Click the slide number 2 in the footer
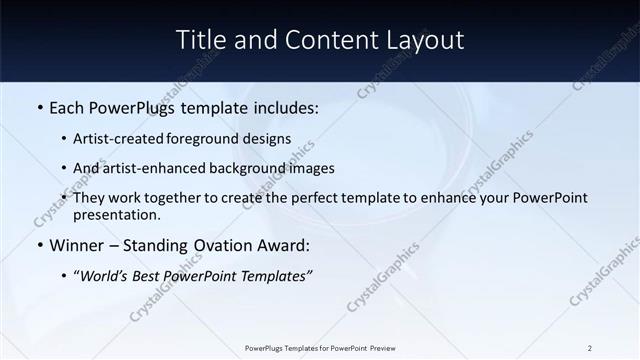tap(590, 348)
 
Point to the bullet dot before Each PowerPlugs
tap(39, 107)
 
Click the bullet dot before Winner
tap(39, 245)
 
